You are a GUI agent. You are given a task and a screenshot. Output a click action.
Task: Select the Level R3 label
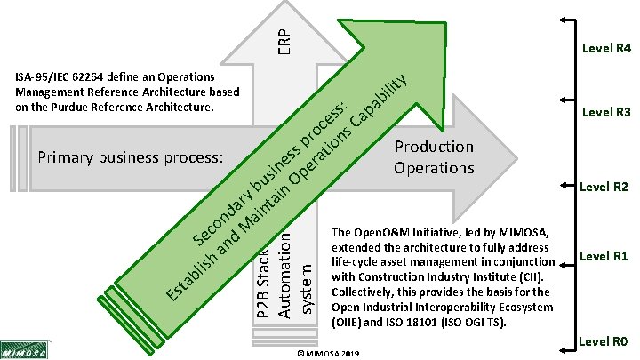pyautogui.click(x=605, y=113)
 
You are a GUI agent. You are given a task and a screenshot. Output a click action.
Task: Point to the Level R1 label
pyautogui.click(x=604, y=257)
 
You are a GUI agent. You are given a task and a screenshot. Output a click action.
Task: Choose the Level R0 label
pyautogui.click(x=604, y=340)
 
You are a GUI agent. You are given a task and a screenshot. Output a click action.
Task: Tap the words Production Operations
pyautogui.click(x=435, y=156)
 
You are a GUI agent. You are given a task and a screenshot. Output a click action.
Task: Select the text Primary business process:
pyautogui.click(x=129, y=158)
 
